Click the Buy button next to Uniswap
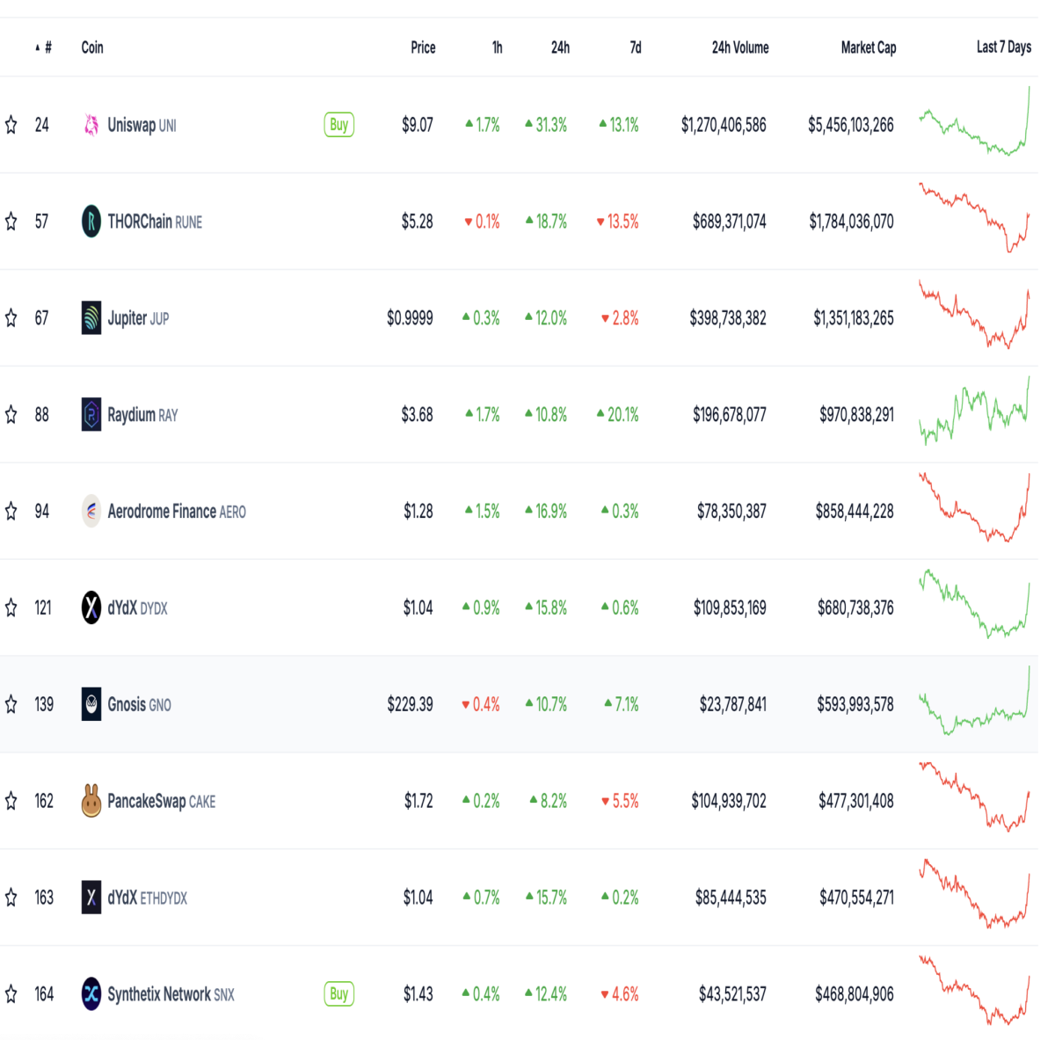point(338,125)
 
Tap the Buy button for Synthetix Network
point(338,993)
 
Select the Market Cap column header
point(869,47)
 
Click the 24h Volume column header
point(740,47)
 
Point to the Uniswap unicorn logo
point(91,125)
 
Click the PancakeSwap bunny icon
point(91,800)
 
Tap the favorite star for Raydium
point(11,415)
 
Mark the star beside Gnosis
point(11,704)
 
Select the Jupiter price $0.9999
point(410,317)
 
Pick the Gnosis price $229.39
point(410,704)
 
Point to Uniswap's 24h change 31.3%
point(546,125)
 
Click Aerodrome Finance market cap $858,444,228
point(854,511)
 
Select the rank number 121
point(43,607)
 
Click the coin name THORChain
point(140,222)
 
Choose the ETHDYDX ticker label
point(164,898)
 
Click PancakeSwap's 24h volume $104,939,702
point(728,801)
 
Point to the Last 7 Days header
point(1003,47)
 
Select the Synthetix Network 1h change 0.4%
point(481,993)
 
